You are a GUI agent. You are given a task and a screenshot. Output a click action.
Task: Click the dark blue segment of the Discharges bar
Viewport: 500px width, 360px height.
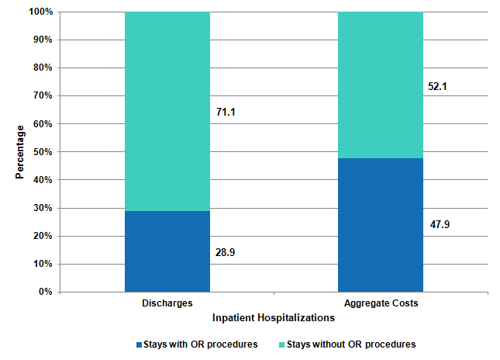(167, 251)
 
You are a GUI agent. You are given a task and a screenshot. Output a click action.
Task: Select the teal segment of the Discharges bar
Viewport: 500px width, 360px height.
(167, 111)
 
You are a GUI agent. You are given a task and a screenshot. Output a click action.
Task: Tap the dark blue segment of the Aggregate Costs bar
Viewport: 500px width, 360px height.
(380, 224)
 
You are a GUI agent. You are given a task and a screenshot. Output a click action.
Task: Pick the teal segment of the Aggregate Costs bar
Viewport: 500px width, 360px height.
(380, 85)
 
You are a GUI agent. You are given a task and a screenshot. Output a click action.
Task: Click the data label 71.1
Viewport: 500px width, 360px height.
(226, 112)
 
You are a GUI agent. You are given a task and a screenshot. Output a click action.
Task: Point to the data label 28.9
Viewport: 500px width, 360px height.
(226, 252)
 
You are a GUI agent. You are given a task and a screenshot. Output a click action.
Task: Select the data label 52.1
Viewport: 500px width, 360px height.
(439, 86)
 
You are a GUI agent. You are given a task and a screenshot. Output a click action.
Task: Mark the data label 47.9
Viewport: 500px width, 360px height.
(439, 225)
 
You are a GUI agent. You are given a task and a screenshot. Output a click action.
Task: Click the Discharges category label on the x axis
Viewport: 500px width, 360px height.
(167, 303)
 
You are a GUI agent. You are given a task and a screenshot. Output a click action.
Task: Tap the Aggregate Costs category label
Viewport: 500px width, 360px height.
(380, 303)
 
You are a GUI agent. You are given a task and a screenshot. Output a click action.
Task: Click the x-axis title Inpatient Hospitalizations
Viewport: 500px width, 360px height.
(274, 317)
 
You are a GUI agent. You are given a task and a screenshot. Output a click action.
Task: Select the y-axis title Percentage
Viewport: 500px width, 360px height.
(19, 151)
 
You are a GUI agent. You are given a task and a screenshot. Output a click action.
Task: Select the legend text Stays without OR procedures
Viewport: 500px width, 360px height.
(351, 344)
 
